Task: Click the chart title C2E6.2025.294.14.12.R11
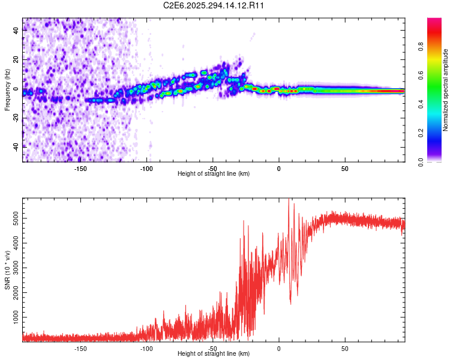(214, 5)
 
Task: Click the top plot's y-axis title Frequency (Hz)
(7, 90)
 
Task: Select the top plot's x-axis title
(214, 174)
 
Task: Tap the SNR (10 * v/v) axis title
(7, 271)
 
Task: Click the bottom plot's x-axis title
(214, 354)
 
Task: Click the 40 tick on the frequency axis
(16, 32)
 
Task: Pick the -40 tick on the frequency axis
(15, 147)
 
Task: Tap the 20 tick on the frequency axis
(16, 61)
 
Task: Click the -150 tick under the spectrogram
(80, 168)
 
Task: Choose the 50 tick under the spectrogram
(344, 168)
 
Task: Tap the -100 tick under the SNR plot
(146, 348)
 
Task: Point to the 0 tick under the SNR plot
(278, 348)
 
